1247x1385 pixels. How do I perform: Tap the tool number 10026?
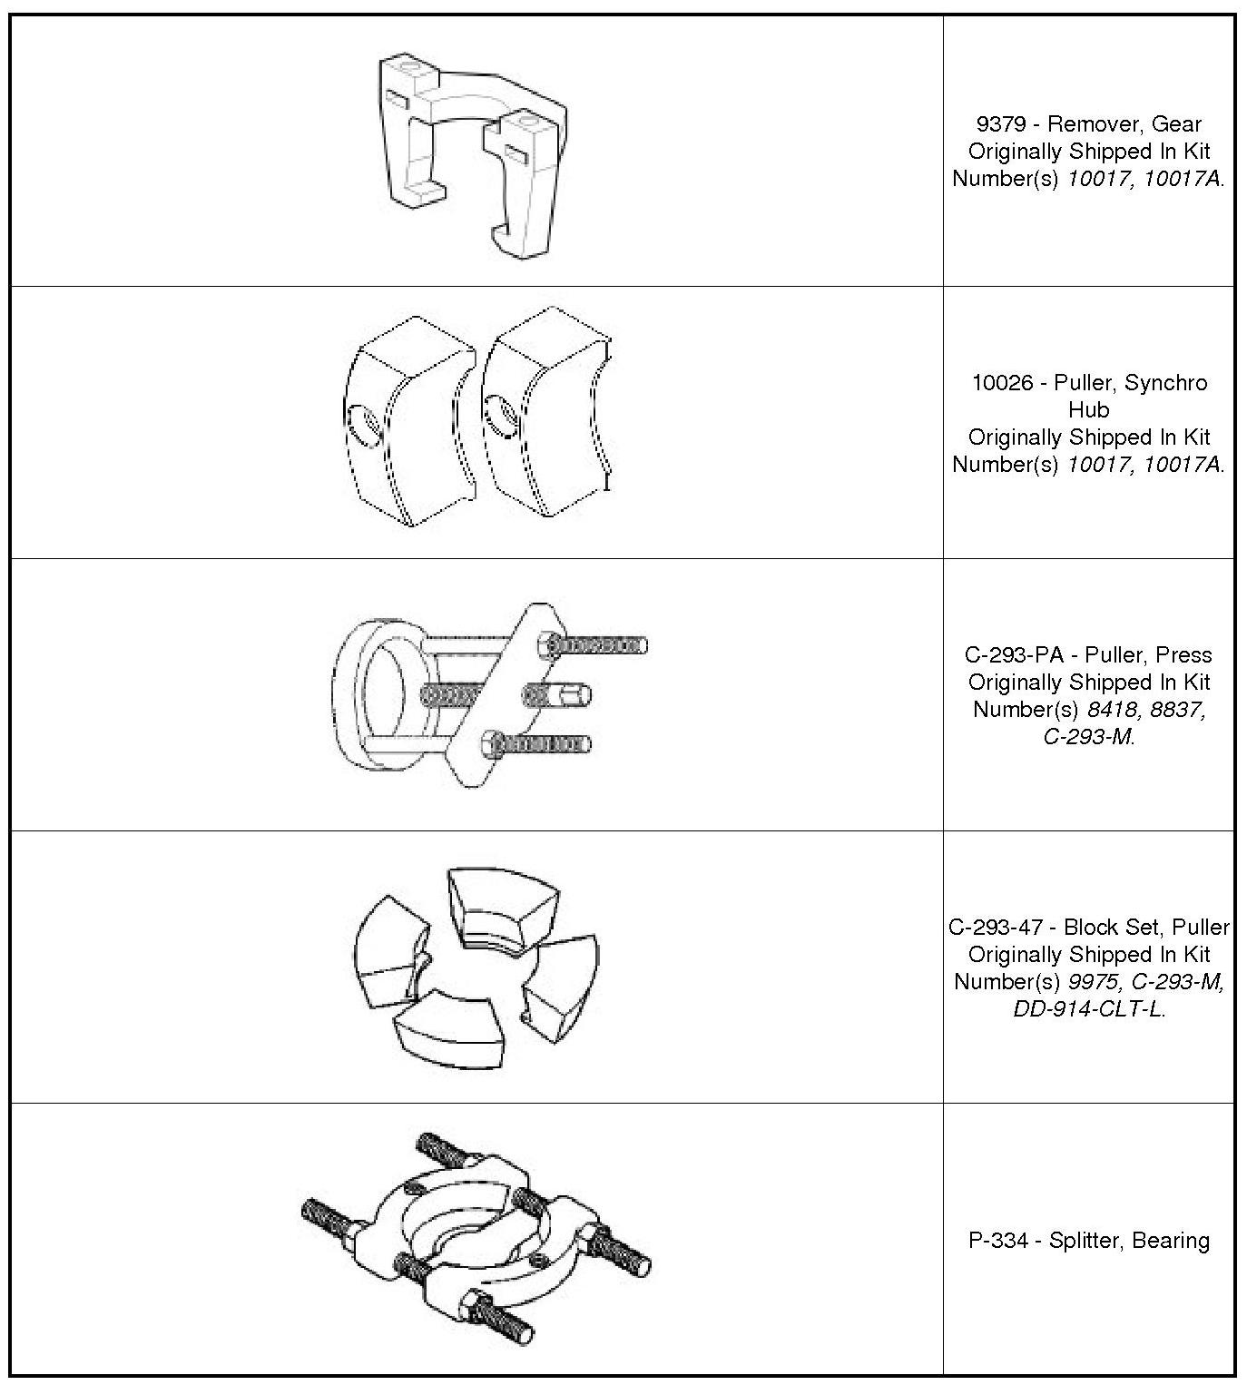[x=1002, y=383]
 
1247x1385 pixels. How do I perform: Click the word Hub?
[x=1088, y=410]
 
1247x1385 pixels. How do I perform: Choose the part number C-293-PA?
[x=1010, y=655]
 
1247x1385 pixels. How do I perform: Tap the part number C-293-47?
[x=995, y=928]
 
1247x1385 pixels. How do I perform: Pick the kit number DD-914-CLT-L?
[x=1088, y=1009]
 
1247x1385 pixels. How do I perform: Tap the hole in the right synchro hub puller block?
[x=503, y=414]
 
